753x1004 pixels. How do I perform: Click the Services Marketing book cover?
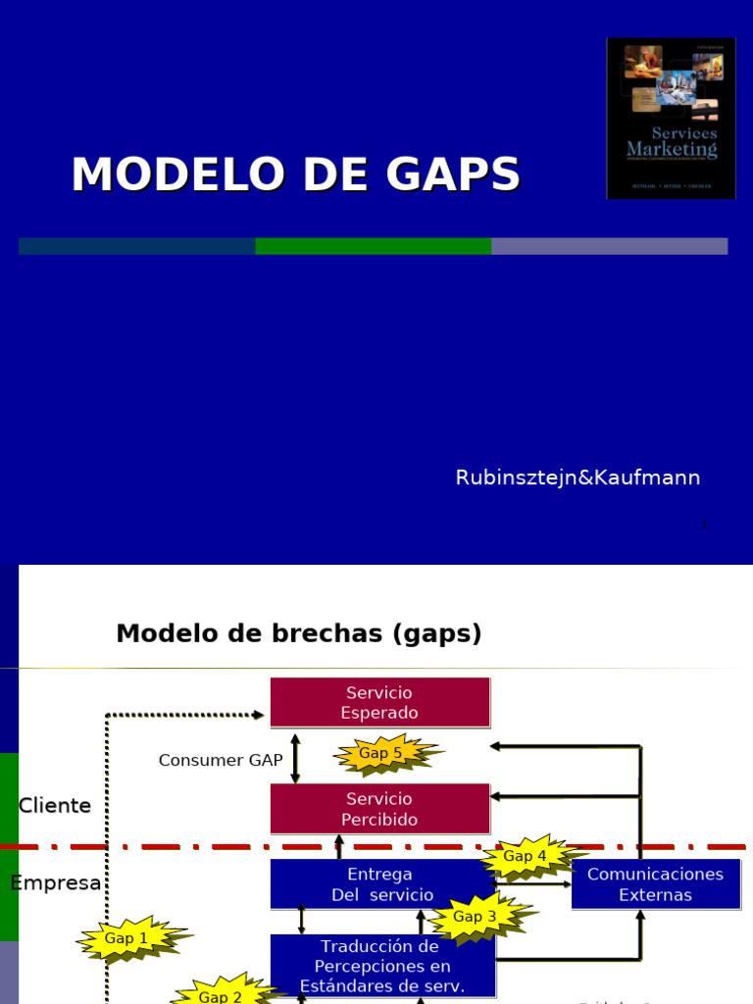pos(671,118)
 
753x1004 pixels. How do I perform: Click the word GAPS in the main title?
pos(452,175)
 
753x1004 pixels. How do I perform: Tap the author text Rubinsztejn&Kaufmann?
pos(577,477)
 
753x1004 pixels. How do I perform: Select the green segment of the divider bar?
pos(373,246)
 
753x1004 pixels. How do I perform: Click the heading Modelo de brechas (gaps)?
pos(299,634)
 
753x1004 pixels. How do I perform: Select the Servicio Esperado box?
pos(379,703)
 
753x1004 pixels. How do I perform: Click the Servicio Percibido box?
pos(379,809)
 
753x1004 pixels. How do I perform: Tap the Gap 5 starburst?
pos(382,754)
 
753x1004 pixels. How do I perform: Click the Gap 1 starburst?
pos(127,939)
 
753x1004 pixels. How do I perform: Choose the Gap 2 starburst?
pos(222,994)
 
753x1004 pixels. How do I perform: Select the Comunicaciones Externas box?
pos(655,883)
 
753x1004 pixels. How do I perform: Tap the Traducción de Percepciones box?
pos(382,966)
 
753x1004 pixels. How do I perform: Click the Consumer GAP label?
pos(221,760)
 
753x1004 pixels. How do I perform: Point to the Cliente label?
pos(55,806)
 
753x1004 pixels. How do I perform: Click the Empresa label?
pos(56,882)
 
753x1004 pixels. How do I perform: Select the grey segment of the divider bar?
pos(609,246)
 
